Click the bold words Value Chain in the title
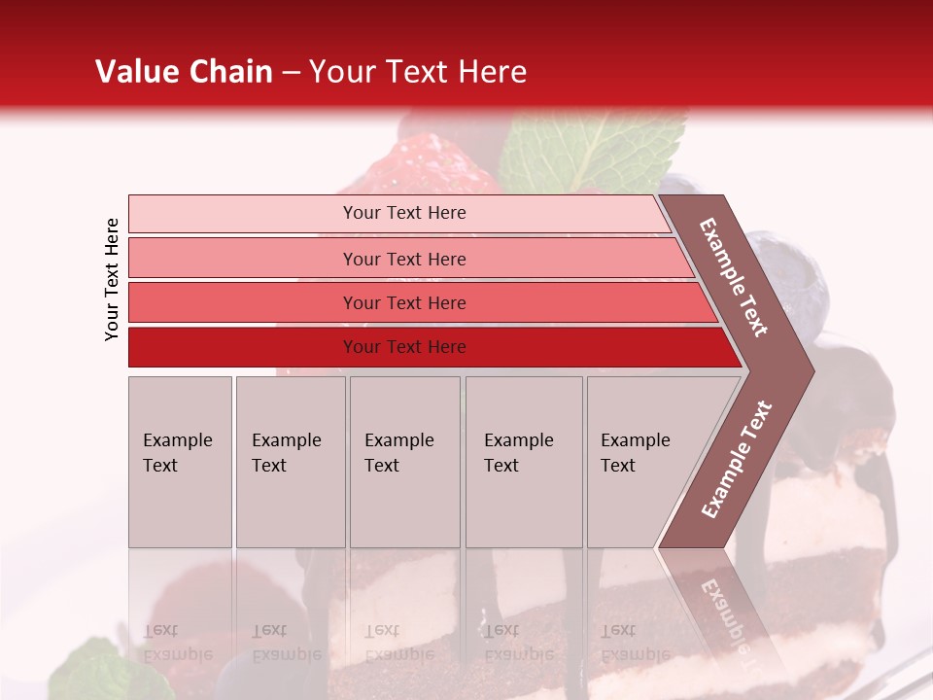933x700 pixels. click(x=184, y=72)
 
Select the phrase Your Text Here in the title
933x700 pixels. click(x=418, y=72)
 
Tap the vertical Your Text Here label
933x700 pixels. click(x=112, y=279)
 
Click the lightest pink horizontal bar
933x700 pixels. click(x=398, y=213)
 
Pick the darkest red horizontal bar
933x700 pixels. click(x=428, y=347)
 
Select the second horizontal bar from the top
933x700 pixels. click(x=408, y=259)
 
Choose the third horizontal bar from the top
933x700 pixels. click(x=418, y=302)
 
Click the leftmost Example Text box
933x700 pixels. click(x=180, y=462)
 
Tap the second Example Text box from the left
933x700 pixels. click(x=290, y=462)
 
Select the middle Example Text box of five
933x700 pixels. click(x=404, y=462)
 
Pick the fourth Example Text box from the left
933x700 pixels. click(x=523, y=462)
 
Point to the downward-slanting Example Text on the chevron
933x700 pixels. click(x=735, y=277)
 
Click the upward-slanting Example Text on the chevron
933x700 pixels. click(x=737, y=459)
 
